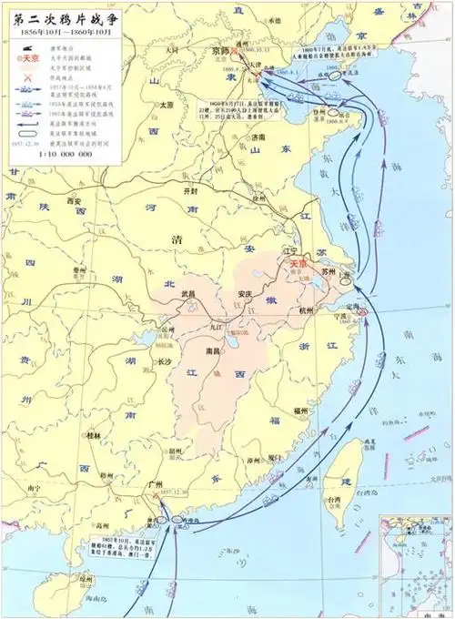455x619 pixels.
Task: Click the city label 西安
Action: (x=76, y=199)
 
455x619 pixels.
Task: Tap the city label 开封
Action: (x=188, y=192)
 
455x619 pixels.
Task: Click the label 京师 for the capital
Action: (x=221, y=52)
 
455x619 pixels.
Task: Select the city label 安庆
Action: (x=243, y=293)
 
